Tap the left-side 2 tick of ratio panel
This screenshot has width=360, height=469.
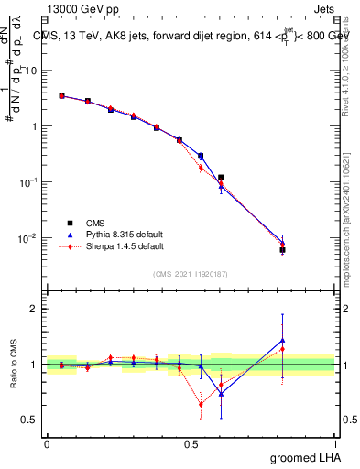coord(37,309)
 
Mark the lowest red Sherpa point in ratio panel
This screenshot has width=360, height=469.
coord(201,404)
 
